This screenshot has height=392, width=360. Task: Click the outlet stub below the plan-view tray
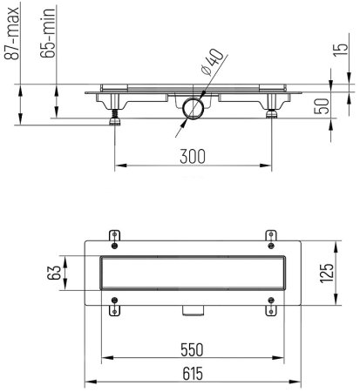click(x=193, y=312)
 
